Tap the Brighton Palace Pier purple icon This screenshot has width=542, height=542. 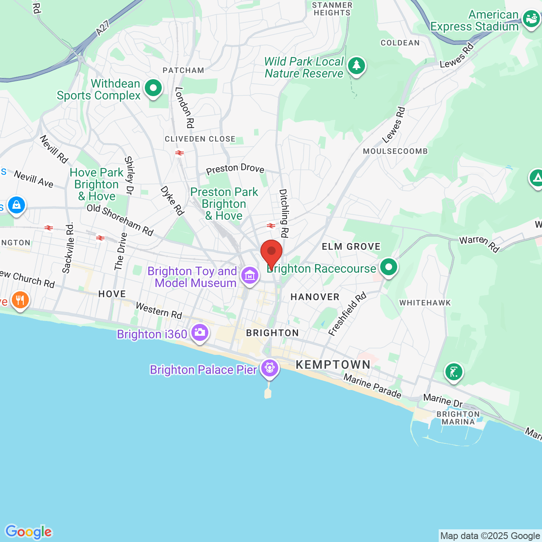point(269,368)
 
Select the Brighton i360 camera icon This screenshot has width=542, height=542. point(199,332)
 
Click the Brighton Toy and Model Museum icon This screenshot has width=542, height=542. point(250,276)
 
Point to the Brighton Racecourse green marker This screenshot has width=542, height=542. point(388,267)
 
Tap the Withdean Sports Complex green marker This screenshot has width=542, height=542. point(153,88)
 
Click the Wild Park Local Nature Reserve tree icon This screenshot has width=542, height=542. point(357,66)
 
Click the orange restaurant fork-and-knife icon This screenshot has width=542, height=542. point(20,300)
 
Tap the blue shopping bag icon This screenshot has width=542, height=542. point(16,205)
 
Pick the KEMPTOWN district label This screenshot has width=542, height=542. point(333,365)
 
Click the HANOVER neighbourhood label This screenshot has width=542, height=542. point(315,297)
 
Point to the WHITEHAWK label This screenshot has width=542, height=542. point(425,303)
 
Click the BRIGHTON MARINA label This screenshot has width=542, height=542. point(458,418)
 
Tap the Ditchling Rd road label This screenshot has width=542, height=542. point(283,213)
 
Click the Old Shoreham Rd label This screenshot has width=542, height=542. point(120,220)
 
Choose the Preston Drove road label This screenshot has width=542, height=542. point(235,169)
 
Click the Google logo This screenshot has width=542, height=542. point(28,532)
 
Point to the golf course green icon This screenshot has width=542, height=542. point(454,372)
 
